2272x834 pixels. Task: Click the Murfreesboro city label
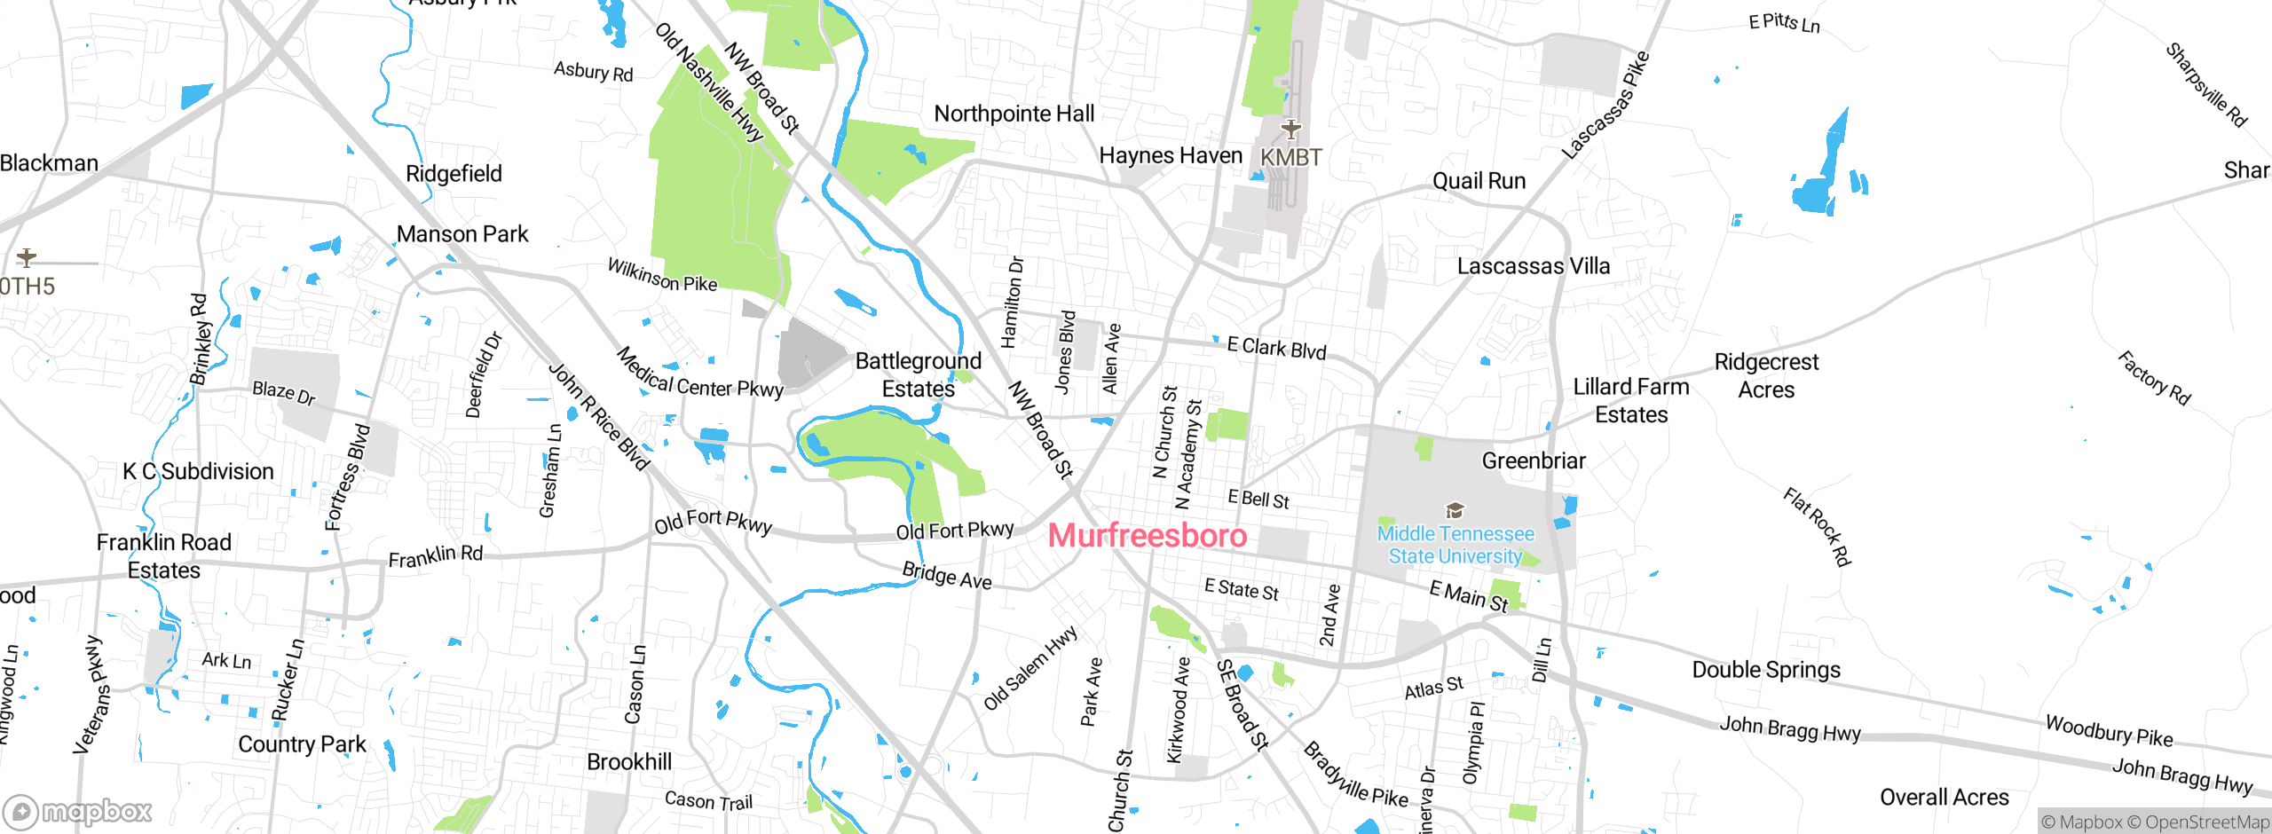click(x=1148, y=536)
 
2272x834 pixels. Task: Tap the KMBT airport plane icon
click(x=1291, y=130)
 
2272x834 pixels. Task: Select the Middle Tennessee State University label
click(x=1455, y=545)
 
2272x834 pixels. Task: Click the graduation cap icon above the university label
click(x=1455, y=510)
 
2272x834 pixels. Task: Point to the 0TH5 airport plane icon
click(x=27, y=258)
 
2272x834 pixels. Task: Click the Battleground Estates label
click(x=919, y=374)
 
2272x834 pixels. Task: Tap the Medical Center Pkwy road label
click(x=699, y=374)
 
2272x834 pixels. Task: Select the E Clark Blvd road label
click(x=1276, y=349)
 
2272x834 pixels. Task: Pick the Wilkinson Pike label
click(x=662, y=275)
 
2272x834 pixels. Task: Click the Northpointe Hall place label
click(x=1014, y=114)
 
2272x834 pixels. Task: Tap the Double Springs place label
click(x=1766, y=670)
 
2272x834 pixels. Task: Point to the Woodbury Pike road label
click(x=2109, y=731)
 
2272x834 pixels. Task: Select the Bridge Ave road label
click(x=947, y=576)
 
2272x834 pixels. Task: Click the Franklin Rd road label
click(x=436, y=556)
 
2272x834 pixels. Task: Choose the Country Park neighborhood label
click(x=302, y=744)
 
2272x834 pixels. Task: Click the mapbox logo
click(x=77, y=811)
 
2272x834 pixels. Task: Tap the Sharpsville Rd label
click(x=2205, y=85)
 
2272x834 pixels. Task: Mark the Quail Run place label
click(x=1479, y=181)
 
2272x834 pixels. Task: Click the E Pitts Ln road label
click(x=1784, y=23)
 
